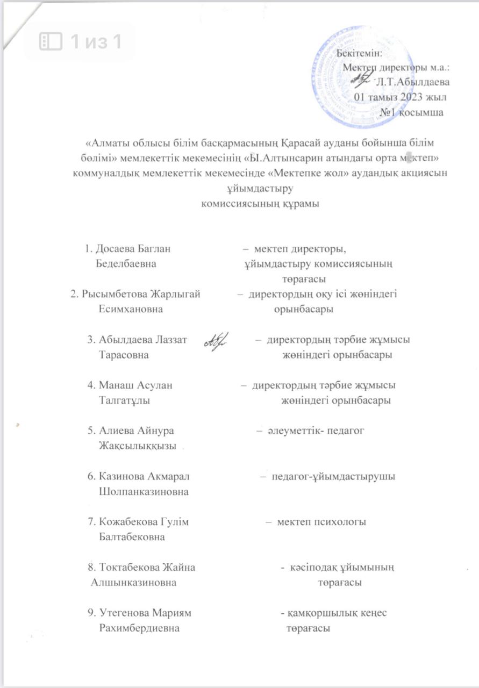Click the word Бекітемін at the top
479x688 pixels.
359,53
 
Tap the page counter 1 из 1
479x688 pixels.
81,41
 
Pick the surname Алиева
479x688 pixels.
118,431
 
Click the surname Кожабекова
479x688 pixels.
127,522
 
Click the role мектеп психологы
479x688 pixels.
321,522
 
